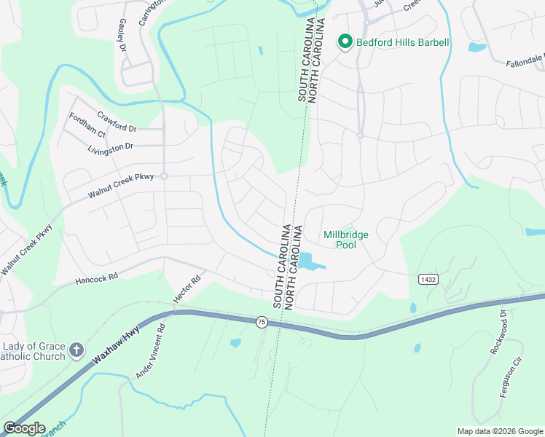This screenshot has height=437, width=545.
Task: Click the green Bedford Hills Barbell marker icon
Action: click(x=345, y=42)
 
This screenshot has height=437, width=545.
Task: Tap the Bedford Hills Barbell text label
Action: click(x=402, y=42)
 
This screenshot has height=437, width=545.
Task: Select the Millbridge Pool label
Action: click(x=346, y=240)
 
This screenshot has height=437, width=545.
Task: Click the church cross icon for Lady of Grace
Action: click(x=76, y=352)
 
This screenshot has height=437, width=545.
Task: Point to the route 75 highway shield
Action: click(x=261, y=321)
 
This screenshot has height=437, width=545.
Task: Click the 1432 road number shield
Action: click(x=428, y=279)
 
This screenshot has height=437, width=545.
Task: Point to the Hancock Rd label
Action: click(x=96, y=278)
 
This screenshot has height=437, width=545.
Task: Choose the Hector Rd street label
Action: click(x=185, y=288)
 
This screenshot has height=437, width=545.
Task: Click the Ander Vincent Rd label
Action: click(x=151, y=351)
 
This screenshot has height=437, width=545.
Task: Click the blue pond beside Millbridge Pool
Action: click(x=309, y=261)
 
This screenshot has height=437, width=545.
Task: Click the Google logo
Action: click(x=24, y=428)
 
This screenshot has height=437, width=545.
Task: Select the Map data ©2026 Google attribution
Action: click(x=499, y=430)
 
